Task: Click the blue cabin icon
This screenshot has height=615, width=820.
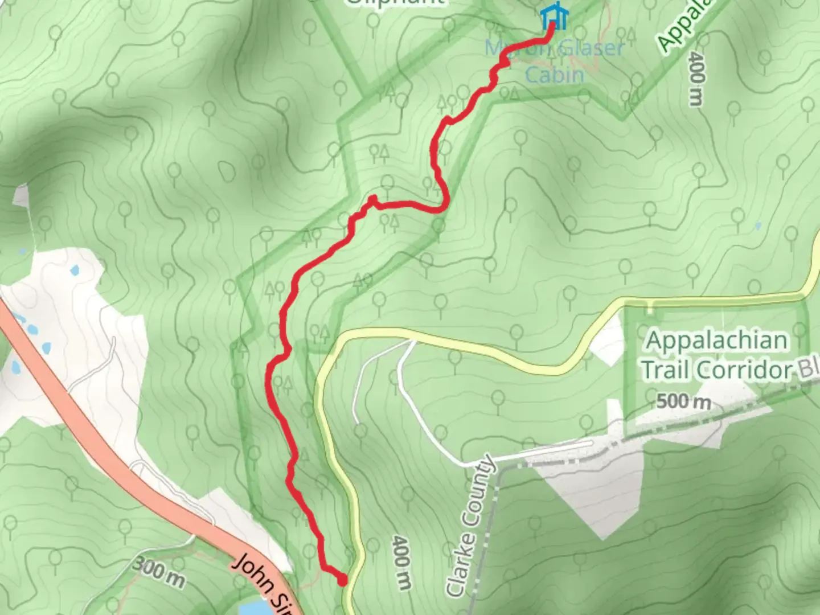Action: pos(553,17)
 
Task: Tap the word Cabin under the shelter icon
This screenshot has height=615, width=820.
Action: pos(554,75)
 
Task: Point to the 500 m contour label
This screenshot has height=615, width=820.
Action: pos(683,402)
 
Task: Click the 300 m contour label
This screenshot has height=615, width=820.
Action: pos(159,572)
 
